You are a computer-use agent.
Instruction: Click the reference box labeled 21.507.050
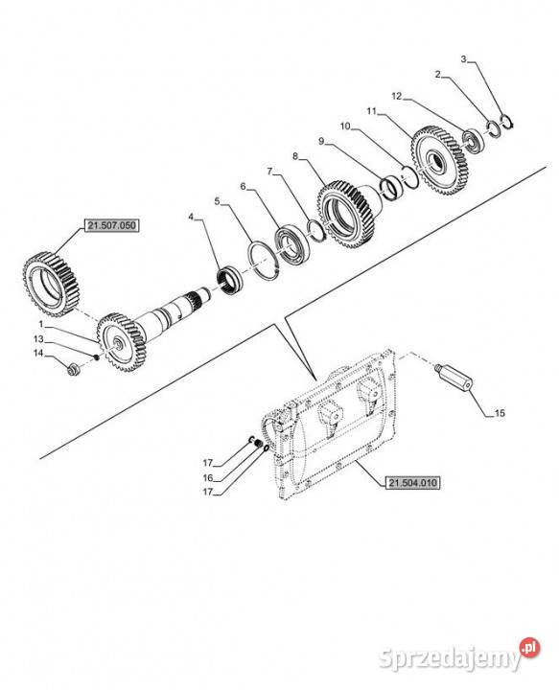tap(112, 226)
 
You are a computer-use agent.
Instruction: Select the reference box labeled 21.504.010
tap(412, 483)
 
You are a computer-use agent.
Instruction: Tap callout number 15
tap(500, 413)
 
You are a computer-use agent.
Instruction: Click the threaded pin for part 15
tap(453, 378)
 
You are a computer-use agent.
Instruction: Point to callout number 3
tap(463, 59)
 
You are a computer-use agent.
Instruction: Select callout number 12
tap(397, 96)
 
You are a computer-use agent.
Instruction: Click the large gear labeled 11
tap(440, 161)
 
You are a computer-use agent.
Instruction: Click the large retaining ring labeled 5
tap(264, 260)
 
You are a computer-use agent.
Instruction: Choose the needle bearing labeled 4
tap(229, 280)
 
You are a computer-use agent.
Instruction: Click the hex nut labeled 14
tap(73, 369)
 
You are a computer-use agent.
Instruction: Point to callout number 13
tap(39, 339)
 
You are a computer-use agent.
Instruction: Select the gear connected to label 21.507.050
tap(51, 284)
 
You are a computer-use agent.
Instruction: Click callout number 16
tap(208, 478)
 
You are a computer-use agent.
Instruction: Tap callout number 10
tap(345, 126)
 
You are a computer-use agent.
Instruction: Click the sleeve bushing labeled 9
tap(391, 187)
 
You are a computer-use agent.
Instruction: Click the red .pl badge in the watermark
tap(529, 648)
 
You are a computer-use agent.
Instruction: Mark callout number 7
tap(269, 172)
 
